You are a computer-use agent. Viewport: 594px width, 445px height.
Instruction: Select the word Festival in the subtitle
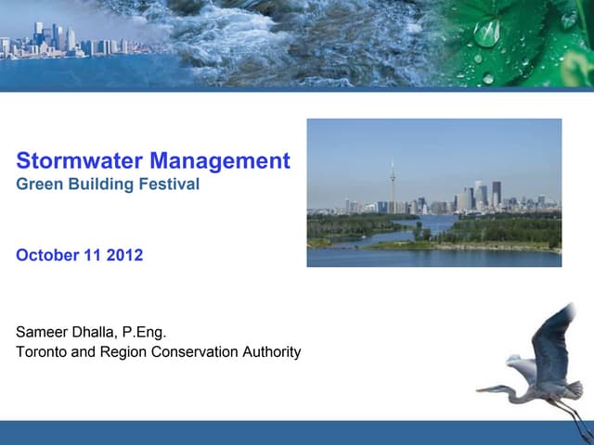pyautogui.click(x=172, y=184)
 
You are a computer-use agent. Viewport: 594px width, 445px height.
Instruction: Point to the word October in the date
pyautogui.click(x=45, y=255)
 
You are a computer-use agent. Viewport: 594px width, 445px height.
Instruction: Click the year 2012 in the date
pyautogui.click(x=124, y=255)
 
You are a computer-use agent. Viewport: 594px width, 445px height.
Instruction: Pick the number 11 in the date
pyautogui.click(x=92, y=255)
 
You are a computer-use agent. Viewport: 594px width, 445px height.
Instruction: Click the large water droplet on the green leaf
pyautogui.click(x=486, y=32)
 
